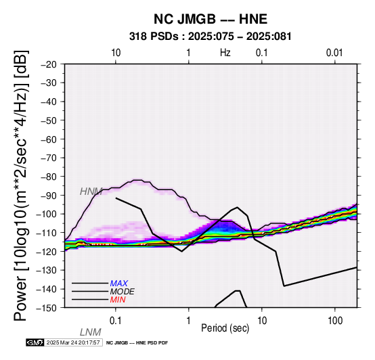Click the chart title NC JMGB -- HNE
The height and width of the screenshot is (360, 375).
pos(211,19)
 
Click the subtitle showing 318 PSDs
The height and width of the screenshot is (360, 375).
pos(211,37)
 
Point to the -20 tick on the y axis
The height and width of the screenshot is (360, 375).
pos(49,64)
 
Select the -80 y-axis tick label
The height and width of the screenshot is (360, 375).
pos(49,177)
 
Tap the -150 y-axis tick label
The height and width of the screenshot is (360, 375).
pos(47,308)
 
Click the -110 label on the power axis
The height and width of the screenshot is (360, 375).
pos(47,233)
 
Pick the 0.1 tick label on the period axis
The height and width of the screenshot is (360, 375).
pos(116,321)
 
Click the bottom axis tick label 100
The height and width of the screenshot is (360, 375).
pos(335,321)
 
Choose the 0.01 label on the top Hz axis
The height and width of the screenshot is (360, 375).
pos(334,53)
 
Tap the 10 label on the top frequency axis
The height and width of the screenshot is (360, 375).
pos(116,53)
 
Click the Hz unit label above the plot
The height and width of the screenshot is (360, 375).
pos(225,53)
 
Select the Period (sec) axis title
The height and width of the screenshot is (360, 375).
pos(225,328)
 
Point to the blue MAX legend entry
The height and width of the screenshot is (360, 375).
pos(118,284)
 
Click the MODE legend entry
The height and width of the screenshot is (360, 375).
pos(123,292)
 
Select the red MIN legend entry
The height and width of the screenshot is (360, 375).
pos(118,300)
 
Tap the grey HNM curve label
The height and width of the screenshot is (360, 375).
pos(91,192)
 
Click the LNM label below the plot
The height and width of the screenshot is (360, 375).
pos(91,332)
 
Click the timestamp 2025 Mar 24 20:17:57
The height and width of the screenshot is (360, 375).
pos(73,342)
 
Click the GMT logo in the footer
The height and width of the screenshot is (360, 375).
pos(35,342)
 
